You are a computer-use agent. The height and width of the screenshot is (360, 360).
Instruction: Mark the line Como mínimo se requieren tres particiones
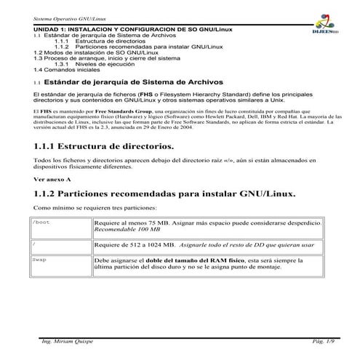tap(89, 208)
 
